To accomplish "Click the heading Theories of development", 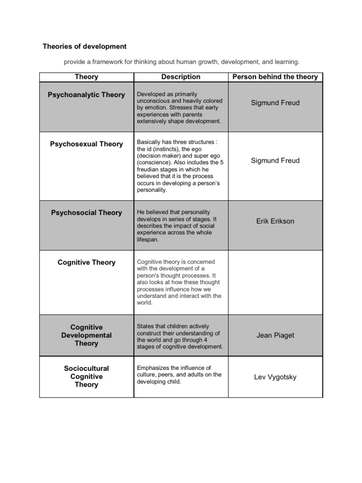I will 85,46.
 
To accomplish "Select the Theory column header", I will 86,77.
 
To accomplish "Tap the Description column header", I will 181,77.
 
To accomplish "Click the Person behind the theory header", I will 275,77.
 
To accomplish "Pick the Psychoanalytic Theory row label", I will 86,95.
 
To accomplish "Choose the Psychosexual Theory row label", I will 86,144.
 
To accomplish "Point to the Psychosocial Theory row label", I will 86,213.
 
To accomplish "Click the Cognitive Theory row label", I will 86,262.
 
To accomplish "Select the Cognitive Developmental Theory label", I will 86,335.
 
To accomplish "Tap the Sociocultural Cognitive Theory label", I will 86,376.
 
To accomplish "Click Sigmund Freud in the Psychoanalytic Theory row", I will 275,103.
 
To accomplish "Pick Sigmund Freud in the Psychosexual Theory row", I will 275,160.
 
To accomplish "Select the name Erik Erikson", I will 275,221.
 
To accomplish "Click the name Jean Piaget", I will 275,335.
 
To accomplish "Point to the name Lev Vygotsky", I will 275,377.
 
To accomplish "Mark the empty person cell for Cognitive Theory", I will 275,282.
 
